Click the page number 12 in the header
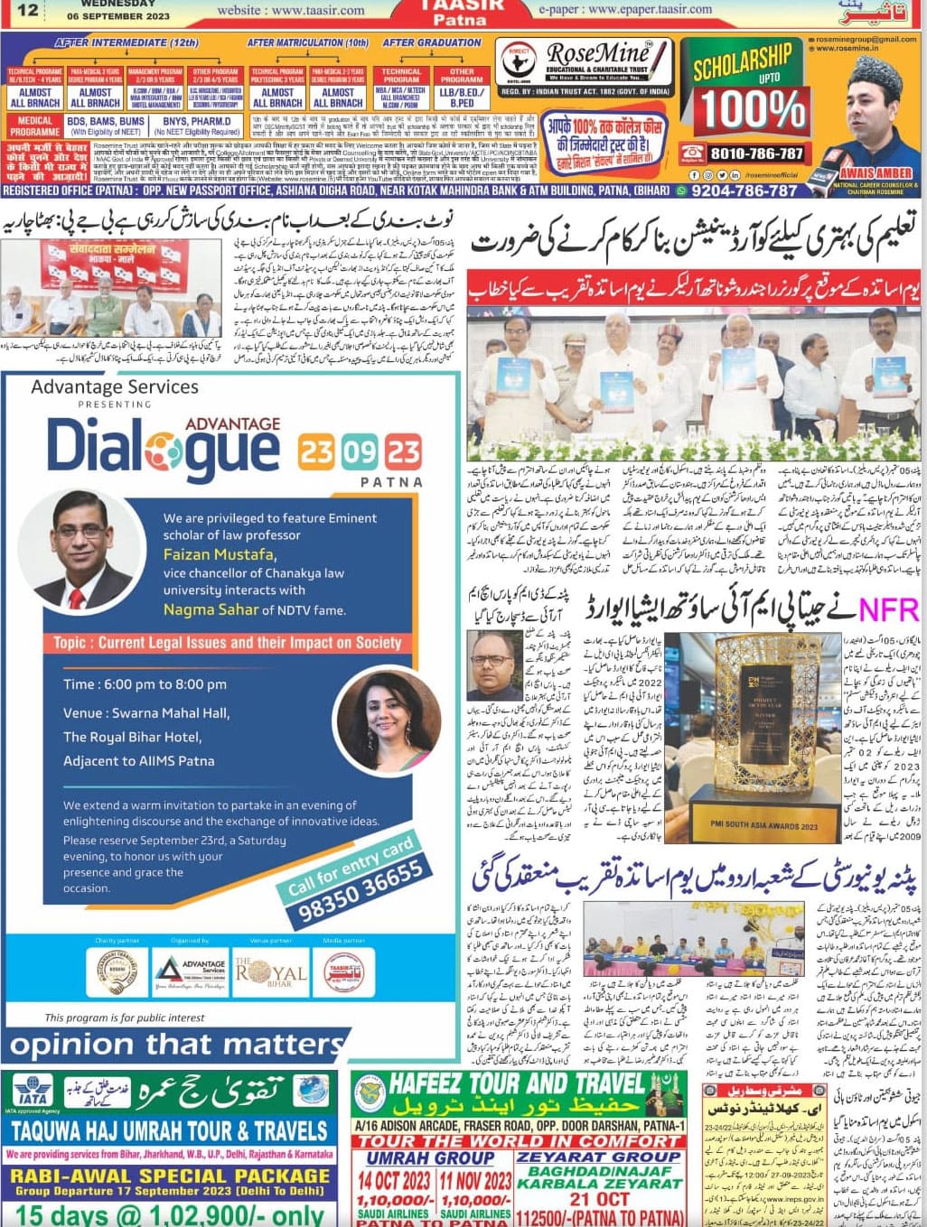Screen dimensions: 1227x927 (x=26, y=10)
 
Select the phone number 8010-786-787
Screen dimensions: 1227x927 (x=756, y=153)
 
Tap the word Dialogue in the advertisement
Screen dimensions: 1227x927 (x=163, y=444)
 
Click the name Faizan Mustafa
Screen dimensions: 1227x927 (x=219, y=554)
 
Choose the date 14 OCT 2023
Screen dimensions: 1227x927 (x=393, y=1180)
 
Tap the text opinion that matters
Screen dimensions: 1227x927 (x=177, y=1046)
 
